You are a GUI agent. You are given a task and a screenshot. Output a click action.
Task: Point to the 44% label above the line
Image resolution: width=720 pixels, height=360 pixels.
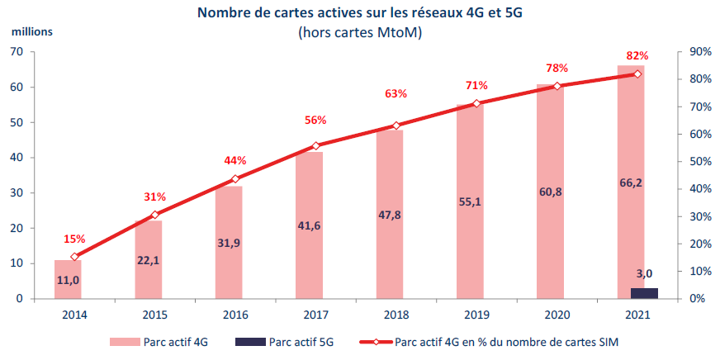point(235,160)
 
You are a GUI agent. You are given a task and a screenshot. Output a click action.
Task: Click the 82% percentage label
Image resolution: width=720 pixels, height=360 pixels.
point(637,56)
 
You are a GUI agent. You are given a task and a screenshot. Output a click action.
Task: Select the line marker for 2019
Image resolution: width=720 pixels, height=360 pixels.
point(476,104)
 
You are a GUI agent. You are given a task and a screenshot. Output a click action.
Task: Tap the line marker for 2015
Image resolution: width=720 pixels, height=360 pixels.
point(154,215)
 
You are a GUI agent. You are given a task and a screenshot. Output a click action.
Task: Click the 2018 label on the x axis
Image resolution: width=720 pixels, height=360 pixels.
point(396,315)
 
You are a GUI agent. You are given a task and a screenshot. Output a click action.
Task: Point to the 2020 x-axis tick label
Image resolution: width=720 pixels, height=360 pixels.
point(557,315)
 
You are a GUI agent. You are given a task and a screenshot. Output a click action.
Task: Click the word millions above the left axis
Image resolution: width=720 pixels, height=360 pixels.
point(32,31)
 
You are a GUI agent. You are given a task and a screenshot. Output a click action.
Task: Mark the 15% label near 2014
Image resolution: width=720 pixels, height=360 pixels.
point(75,239)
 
